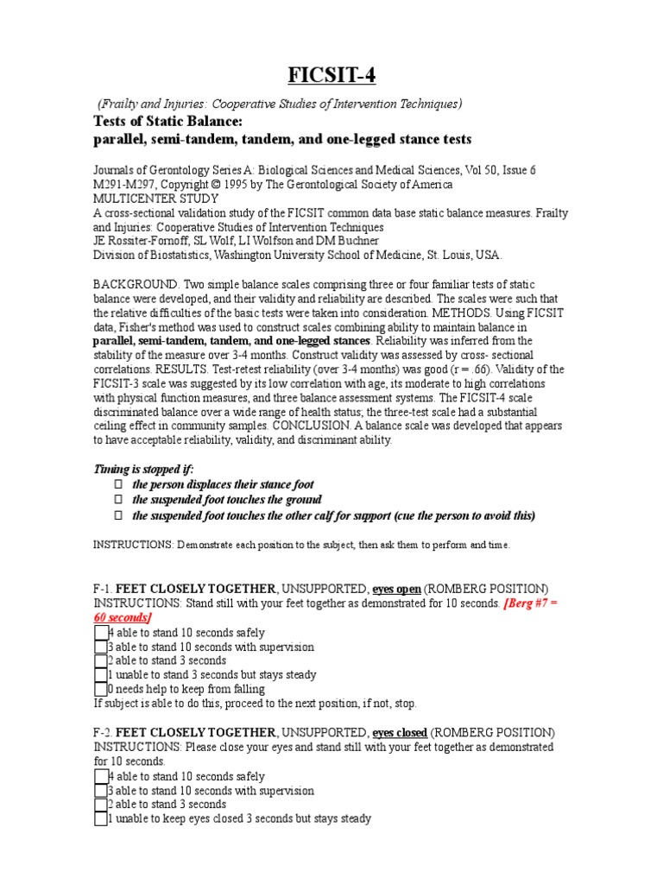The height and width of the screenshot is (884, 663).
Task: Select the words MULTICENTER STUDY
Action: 155,199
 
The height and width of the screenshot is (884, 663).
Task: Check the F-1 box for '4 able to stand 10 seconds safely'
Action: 100,633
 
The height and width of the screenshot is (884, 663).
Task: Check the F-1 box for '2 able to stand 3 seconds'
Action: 100,661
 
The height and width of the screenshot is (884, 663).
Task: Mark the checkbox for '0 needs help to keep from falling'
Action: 100,689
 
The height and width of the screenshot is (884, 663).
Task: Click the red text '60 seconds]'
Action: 122,619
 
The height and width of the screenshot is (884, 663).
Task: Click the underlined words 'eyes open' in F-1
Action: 397,589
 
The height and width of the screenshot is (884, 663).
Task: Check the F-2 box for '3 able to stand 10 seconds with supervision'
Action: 100,791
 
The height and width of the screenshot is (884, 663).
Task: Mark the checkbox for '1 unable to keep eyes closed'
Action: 100,818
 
